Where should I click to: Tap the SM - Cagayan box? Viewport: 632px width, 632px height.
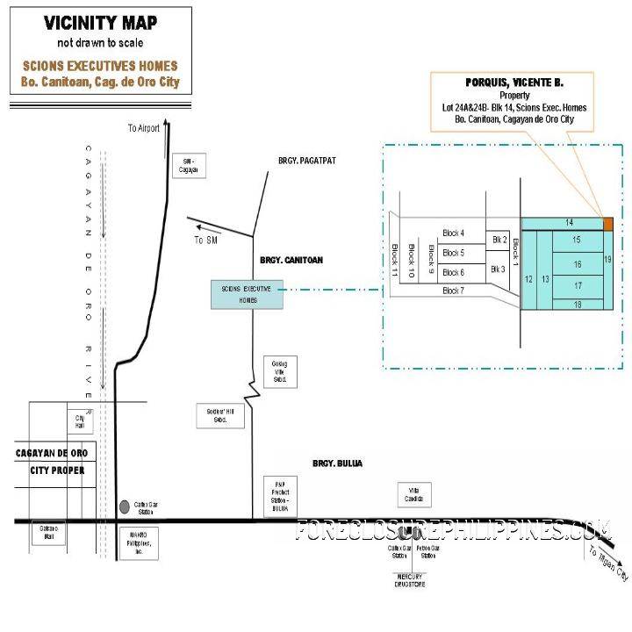pos(187,166)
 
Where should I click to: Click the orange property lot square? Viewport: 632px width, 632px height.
pos(607,223)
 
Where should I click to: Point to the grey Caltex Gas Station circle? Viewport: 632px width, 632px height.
pos(124,506)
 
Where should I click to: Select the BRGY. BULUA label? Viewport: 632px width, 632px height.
pos(337,463)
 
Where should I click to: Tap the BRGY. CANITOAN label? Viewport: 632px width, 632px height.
pos(291,261)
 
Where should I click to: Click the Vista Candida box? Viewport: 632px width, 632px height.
pos(413,495)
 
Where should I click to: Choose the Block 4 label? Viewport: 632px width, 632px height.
pos(453,233)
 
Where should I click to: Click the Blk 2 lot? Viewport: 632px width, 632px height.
pos(499,239)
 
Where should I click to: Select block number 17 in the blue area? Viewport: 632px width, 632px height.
pos(577,286)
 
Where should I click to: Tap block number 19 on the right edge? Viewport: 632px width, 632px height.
pos(607,260)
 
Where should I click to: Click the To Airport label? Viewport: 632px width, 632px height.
pos(144,128)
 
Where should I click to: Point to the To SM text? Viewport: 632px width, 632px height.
pos(205,240)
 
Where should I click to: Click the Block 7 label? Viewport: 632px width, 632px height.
pos(453,290)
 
